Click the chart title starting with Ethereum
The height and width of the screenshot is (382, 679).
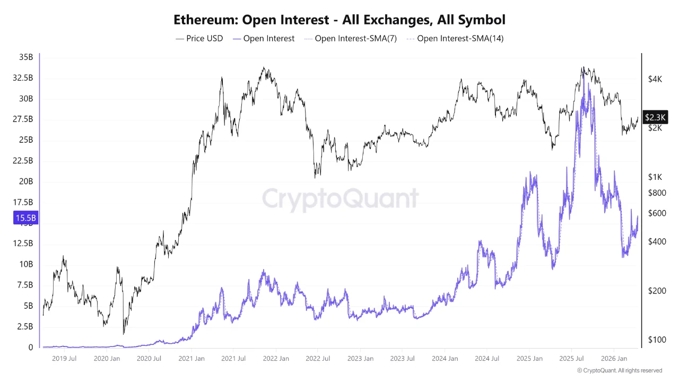(x=339, y=20)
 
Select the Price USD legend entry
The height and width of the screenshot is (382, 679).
(x=199, y=39)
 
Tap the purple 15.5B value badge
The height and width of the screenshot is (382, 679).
(x=25, y=218)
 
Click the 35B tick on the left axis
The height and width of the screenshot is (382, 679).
(x=25, y=57)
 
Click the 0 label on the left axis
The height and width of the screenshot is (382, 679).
(x=31, y=348)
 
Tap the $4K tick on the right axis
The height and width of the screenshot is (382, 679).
(x=655, y=79)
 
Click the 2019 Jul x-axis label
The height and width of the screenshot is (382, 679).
(x=64, y=359)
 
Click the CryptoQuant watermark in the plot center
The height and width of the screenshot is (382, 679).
(x=340, y=199)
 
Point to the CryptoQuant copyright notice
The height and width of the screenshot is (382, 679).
(x=619, y=370)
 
